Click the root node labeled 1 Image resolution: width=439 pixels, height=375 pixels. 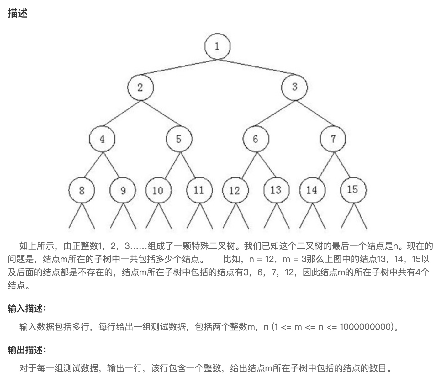point(217,46)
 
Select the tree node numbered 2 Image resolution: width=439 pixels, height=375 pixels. point(140,87)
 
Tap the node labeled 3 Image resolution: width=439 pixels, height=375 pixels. point(294,87)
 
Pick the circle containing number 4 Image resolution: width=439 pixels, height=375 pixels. point(102,139)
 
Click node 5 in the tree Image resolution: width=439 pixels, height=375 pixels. point(179,139)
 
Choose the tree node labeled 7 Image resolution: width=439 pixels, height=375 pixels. point(333,139)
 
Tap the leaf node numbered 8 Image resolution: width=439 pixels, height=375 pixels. point(82,190)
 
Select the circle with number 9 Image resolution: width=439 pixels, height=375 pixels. point(123,190)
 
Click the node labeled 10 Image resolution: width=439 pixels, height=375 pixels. point(158,190)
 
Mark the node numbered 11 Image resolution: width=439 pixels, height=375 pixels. point(199,190)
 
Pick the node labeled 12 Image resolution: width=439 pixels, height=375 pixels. point(235,190)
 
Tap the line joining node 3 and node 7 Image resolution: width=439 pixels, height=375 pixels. point(315,114)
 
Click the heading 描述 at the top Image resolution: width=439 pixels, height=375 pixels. point(18,13)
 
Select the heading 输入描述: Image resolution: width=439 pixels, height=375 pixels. point(27,309)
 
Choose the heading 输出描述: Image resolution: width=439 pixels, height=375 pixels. point(27,350)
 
